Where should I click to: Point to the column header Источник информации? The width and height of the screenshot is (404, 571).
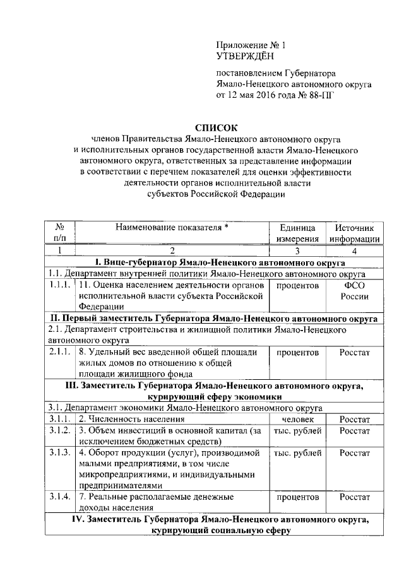[353, 232]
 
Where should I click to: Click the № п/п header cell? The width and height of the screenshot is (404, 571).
[61, 232]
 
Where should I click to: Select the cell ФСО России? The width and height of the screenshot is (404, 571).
[353, 291]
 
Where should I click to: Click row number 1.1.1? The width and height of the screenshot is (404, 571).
[61, 285]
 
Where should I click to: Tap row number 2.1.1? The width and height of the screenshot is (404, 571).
[61, 351]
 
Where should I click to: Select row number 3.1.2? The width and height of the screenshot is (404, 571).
[61, 430]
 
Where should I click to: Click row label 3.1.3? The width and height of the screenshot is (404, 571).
[61, 453]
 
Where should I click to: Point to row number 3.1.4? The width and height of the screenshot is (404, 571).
[61, 497]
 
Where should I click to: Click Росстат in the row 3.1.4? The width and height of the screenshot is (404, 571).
[353, 497]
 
